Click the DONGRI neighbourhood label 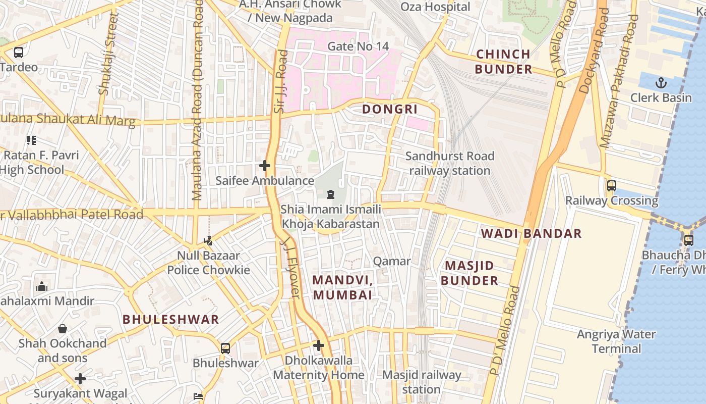(390, 109)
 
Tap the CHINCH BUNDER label (503, 62)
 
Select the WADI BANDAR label (531, 233)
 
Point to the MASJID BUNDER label (469, 273)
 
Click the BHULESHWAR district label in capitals (171, 319)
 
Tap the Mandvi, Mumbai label (343, 287)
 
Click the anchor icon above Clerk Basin (661, 82)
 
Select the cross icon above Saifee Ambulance (264, 166)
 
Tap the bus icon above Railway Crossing (612, 186)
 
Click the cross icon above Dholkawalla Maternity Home (318, 345)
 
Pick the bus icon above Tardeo (19, 52)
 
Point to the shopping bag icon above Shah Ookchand (63, 329)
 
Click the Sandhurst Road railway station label (449, 163)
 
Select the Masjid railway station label (422, 382)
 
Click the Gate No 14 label (358, 46)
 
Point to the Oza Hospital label (435, 7)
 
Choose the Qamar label (392, 261)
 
